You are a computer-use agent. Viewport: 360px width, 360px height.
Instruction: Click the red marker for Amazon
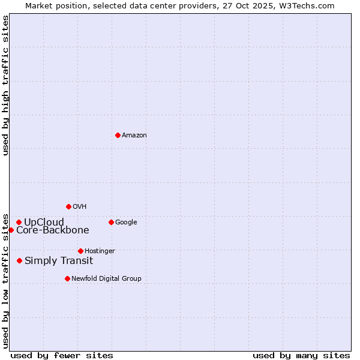pos(118,135)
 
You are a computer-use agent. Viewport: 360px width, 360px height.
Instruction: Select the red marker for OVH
pos(68,206)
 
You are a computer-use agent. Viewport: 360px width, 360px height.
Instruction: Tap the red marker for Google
pos(111,222)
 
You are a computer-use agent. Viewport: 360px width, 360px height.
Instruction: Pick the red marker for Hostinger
pos(80,251)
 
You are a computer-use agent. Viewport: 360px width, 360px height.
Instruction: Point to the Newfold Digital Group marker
pos(67,278)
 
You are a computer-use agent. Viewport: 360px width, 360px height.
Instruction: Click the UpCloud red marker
pos(19,222)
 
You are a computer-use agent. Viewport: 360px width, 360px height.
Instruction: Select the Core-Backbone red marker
pos(11,230)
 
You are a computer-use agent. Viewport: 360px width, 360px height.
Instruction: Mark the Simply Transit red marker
pos(20,260)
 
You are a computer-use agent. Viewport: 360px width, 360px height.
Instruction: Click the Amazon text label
pos(134,136)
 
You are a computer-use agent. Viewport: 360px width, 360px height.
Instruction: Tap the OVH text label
pos(80,207)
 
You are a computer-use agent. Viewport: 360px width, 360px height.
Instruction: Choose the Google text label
pos(126,223)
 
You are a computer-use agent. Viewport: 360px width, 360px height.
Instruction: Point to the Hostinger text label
pos(100,251)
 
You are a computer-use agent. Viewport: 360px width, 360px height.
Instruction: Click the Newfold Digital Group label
pos(106,279)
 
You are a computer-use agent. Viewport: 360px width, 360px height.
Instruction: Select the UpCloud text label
pos(44,223)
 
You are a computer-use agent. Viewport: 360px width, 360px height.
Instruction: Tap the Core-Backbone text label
pos(53,230)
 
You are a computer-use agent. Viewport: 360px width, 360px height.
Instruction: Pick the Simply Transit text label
pos(59,261)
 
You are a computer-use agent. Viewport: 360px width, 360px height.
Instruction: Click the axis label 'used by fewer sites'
pos(62,356)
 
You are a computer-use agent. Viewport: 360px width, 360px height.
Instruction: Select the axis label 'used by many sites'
pos(301,356)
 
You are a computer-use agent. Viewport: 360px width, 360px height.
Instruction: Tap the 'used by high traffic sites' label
pos(6,85)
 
